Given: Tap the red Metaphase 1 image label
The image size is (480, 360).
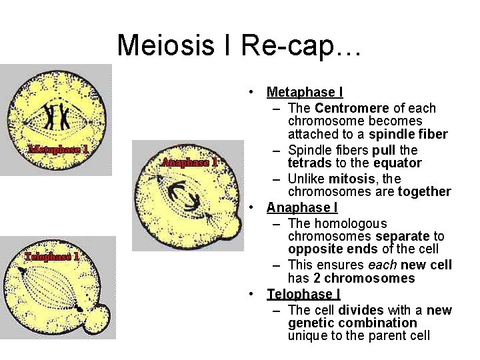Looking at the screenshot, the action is (x=59, y=149).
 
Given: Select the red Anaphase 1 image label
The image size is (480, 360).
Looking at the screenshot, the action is (x=189, y=162).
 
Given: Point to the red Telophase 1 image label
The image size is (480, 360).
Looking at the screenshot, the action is (x=52, y=257).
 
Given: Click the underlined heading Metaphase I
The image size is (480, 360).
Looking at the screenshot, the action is (x=305, y=92).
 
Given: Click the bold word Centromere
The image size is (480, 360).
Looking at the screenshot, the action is (x=352, y=108).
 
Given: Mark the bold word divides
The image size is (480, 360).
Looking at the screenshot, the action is (x=361, y=310).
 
